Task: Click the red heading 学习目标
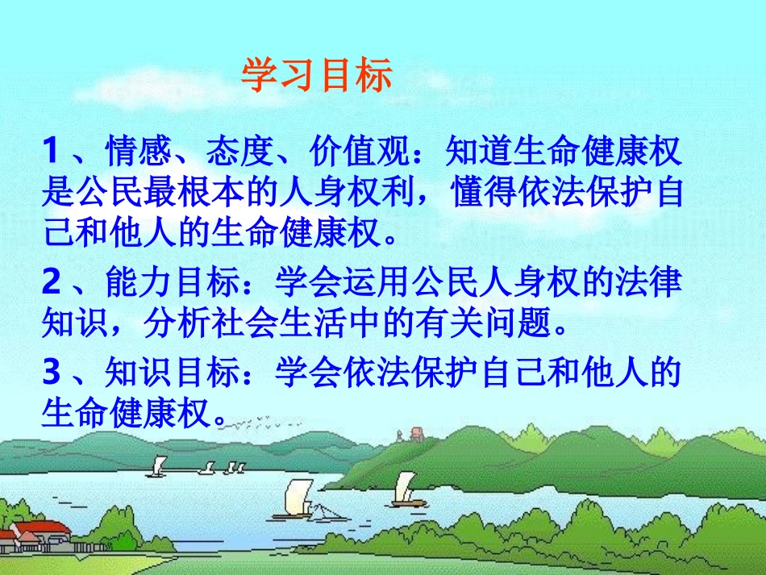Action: [317, 76]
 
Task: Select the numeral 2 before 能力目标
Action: [52, 283]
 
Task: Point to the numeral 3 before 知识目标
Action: [52, 372]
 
